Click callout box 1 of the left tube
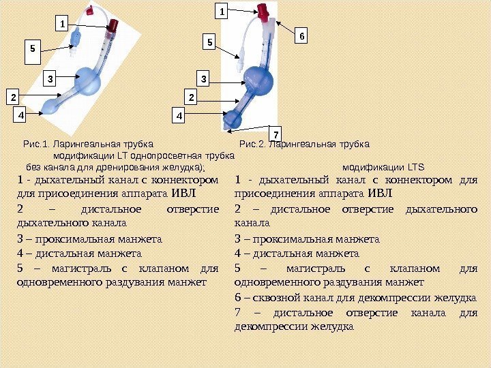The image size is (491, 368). (63, 25)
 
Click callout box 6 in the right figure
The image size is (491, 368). (303, 34)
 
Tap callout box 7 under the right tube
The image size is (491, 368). (276, 131)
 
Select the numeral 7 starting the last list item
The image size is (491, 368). (237, 313)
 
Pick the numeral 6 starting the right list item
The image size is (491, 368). (237, 297)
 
